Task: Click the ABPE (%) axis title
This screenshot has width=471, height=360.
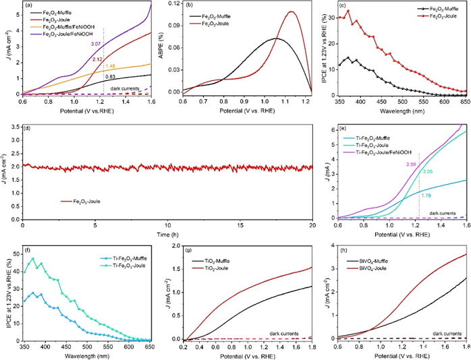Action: [x=163, y=51]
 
